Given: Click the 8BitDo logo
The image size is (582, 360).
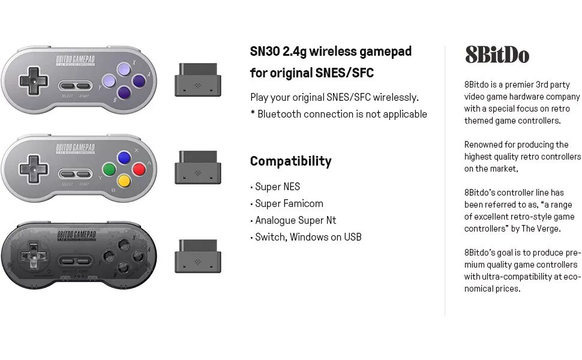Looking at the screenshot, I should click(497, 55).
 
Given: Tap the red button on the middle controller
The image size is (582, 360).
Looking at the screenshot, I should click(139, 169).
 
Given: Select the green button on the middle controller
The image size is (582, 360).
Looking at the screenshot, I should click(109, 169).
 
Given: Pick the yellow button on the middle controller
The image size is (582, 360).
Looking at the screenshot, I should click(124, 180).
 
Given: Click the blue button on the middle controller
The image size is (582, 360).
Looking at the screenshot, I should click(124, 158).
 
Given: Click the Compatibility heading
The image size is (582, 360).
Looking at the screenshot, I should click(290, 161).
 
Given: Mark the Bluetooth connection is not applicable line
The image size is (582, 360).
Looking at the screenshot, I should click(338, 114).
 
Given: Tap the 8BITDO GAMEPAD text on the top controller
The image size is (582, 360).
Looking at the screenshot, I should click(75, 60).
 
